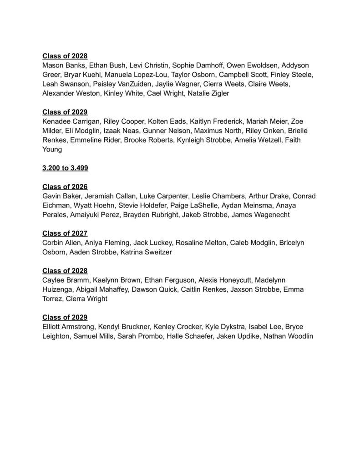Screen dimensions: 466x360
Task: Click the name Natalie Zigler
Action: point(208,93)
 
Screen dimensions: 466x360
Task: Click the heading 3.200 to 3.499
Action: point(65,168)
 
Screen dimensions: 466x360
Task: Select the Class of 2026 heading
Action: point(65,187)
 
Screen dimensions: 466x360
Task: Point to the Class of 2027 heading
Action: point(65,233)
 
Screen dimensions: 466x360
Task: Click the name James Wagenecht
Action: point(260,215)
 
